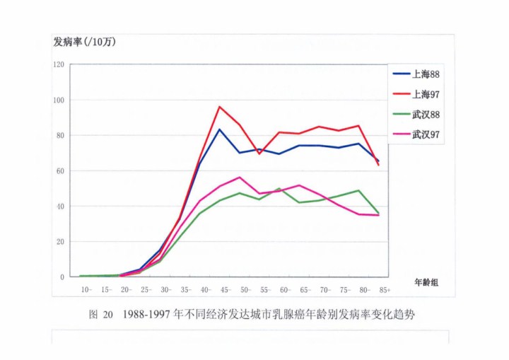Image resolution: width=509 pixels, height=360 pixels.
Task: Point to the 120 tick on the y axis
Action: (x=58, y=65)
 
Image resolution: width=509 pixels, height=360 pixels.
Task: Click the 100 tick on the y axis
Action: (x=58, y=100)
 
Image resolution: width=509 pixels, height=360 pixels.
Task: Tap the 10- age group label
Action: (x=86, y=290)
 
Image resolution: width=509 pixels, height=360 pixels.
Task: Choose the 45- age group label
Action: (x=225, y=290)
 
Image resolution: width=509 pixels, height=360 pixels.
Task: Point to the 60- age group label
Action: (x=284, y=290)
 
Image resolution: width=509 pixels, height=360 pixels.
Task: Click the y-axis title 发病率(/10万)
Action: (x=84, y=41)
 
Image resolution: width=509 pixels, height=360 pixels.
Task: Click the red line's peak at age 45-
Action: (x=220, y=107)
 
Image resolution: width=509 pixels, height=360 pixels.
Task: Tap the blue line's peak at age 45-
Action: (x=220, y=129)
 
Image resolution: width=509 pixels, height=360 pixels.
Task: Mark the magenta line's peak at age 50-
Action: (x=240, y=177)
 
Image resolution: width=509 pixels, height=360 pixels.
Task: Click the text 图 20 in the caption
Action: (x=101, y=315)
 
